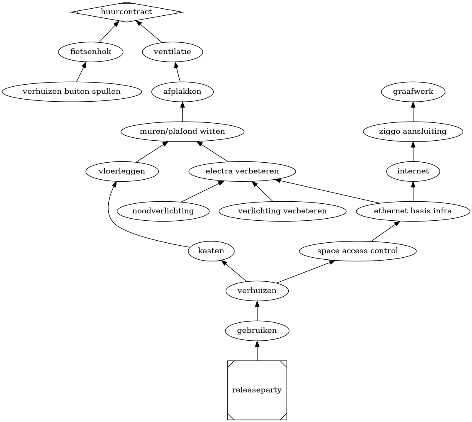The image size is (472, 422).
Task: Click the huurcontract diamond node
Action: tap(127, 12)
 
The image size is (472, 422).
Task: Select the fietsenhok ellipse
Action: tap(91, 52)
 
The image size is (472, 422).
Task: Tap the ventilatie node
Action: tap(172, 52)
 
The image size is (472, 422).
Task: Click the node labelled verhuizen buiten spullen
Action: tap(72, 92)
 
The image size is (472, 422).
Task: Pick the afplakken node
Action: tap(182, 92)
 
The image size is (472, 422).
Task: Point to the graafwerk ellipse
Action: tap(413, 92)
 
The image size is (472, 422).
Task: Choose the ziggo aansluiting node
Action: tap(413, 132)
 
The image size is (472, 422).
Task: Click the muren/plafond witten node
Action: tap(182, 132)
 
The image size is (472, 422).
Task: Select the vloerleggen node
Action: tap(122, 171)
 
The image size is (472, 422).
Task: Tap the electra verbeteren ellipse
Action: tap(242, 171)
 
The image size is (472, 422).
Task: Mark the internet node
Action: tap(413, 171)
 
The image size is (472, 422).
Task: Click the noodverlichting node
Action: tap(163, 211)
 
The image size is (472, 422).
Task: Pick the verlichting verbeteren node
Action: tap(282, 211)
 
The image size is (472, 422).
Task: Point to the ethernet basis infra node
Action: tap(413, 211)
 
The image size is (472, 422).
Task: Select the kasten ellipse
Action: tap(211, 251)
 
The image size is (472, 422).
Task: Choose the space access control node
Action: tap(358, 251)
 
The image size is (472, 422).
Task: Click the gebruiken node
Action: tap(257, 331)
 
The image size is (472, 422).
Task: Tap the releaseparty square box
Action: tap(257, 390)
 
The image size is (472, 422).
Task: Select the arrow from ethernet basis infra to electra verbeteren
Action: tap(328, 191)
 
